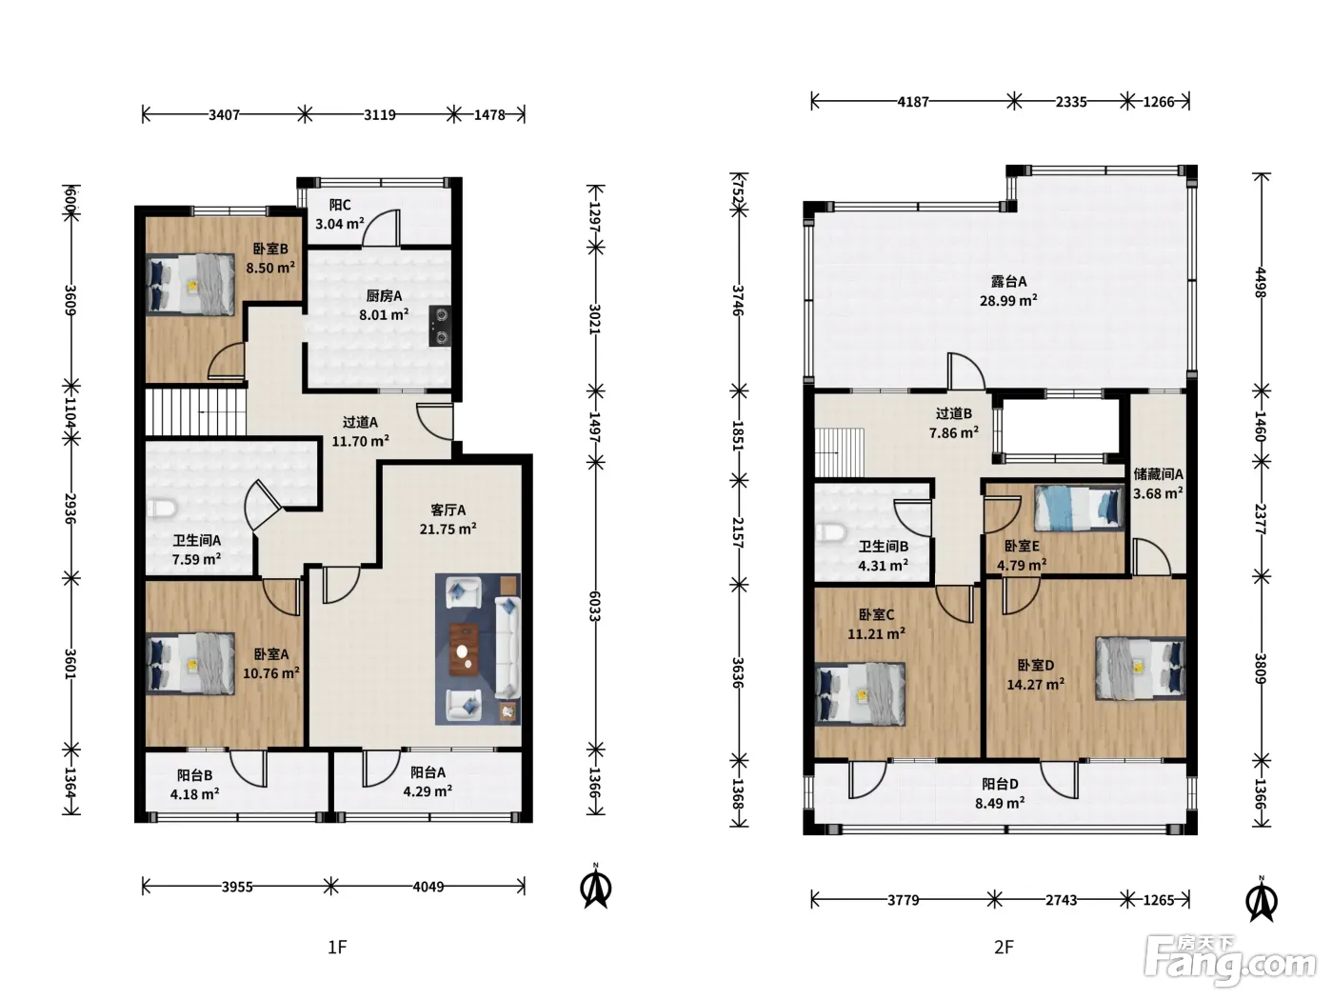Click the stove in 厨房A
440,326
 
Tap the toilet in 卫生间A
161,509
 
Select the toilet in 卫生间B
830,533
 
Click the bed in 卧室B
190,285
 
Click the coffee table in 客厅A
465,650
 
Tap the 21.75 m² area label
448,529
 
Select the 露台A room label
1008,281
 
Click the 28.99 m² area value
1008,300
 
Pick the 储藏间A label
1158,473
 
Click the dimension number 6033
595,606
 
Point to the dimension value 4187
913,102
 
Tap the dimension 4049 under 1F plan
428,887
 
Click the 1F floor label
338,948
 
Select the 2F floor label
1004,948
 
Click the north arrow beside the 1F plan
596,888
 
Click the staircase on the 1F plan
195,412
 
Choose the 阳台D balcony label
1000,784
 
